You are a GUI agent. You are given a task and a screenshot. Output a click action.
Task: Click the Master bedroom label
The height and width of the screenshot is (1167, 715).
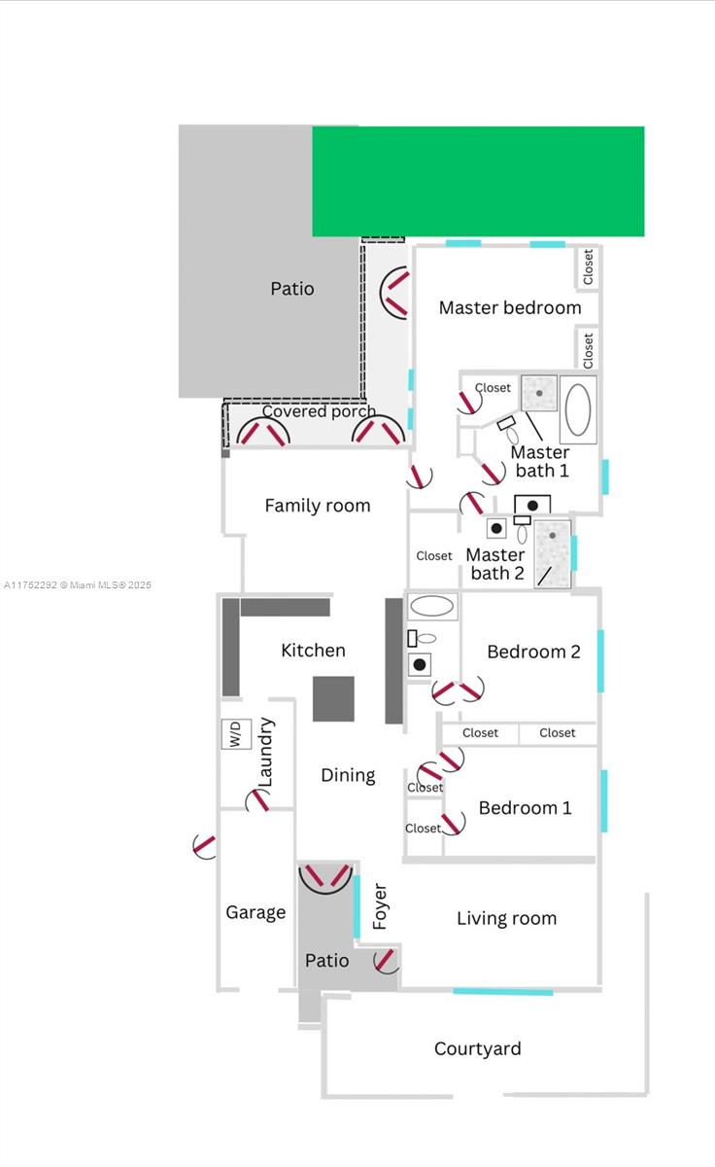coord(510,308)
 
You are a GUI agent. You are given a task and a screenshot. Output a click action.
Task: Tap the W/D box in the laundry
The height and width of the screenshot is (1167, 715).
coord(236,733)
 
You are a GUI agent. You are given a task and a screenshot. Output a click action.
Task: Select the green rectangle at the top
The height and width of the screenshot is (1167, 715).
coord(478,181)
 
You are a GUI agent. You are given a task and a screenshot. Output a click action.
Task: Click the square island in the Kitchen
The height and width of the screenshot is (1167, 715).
coord(333,698)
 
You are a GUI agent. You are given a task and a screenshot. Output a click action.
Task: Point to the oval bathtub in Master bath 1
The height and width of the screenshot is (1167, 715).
coord(578,409)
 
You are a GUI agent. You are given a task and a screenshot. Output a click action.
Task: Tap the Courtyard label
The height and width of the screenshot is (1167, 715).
coord(477,1048)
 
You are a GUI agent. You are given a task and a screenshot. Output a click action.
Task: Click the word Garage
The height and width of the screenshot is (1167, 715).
coord(255,912)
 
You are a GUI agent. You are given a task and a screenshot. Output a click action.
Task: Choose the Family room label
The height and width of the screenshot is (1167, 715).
coord(318,506)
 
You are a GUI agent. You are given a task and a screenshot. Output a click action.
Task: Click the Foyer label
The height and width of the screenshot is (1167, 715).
coord(380,906)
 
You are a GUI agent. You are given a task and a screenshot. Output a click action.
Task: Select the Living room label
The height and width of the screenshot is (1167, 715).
coord(506,918)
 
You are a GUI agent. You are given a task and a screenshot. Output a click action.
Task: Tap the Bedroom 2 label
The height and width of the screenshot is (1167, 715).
coord(533,652)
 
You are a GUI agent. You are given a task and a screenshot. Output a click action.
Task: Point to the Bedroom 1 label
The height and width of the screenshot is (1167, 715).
coord(525,808)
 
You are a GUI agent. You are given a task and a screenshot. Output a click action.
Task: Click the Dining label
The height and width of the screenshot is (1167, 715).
coord(348,775)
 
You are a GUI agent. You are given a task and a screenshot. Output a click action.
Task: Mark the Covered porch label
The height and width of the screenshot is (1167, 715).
coord(319,411)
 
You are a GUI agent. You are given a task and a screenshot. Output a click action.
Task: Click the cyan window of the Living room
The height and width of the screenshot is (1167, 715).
coord(502,991)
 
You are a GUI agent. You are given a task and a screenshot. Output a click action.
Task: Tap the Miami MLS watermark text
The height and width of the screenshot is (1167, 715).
coord(78,585)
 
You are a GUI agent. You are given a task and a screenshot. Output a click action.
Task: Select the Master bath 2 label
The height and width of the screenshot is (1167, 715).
coord(495,564)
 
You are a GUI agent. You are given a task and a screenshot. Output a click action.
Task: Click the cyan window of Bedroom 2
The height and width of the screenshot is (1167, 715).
coord(600,661)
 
